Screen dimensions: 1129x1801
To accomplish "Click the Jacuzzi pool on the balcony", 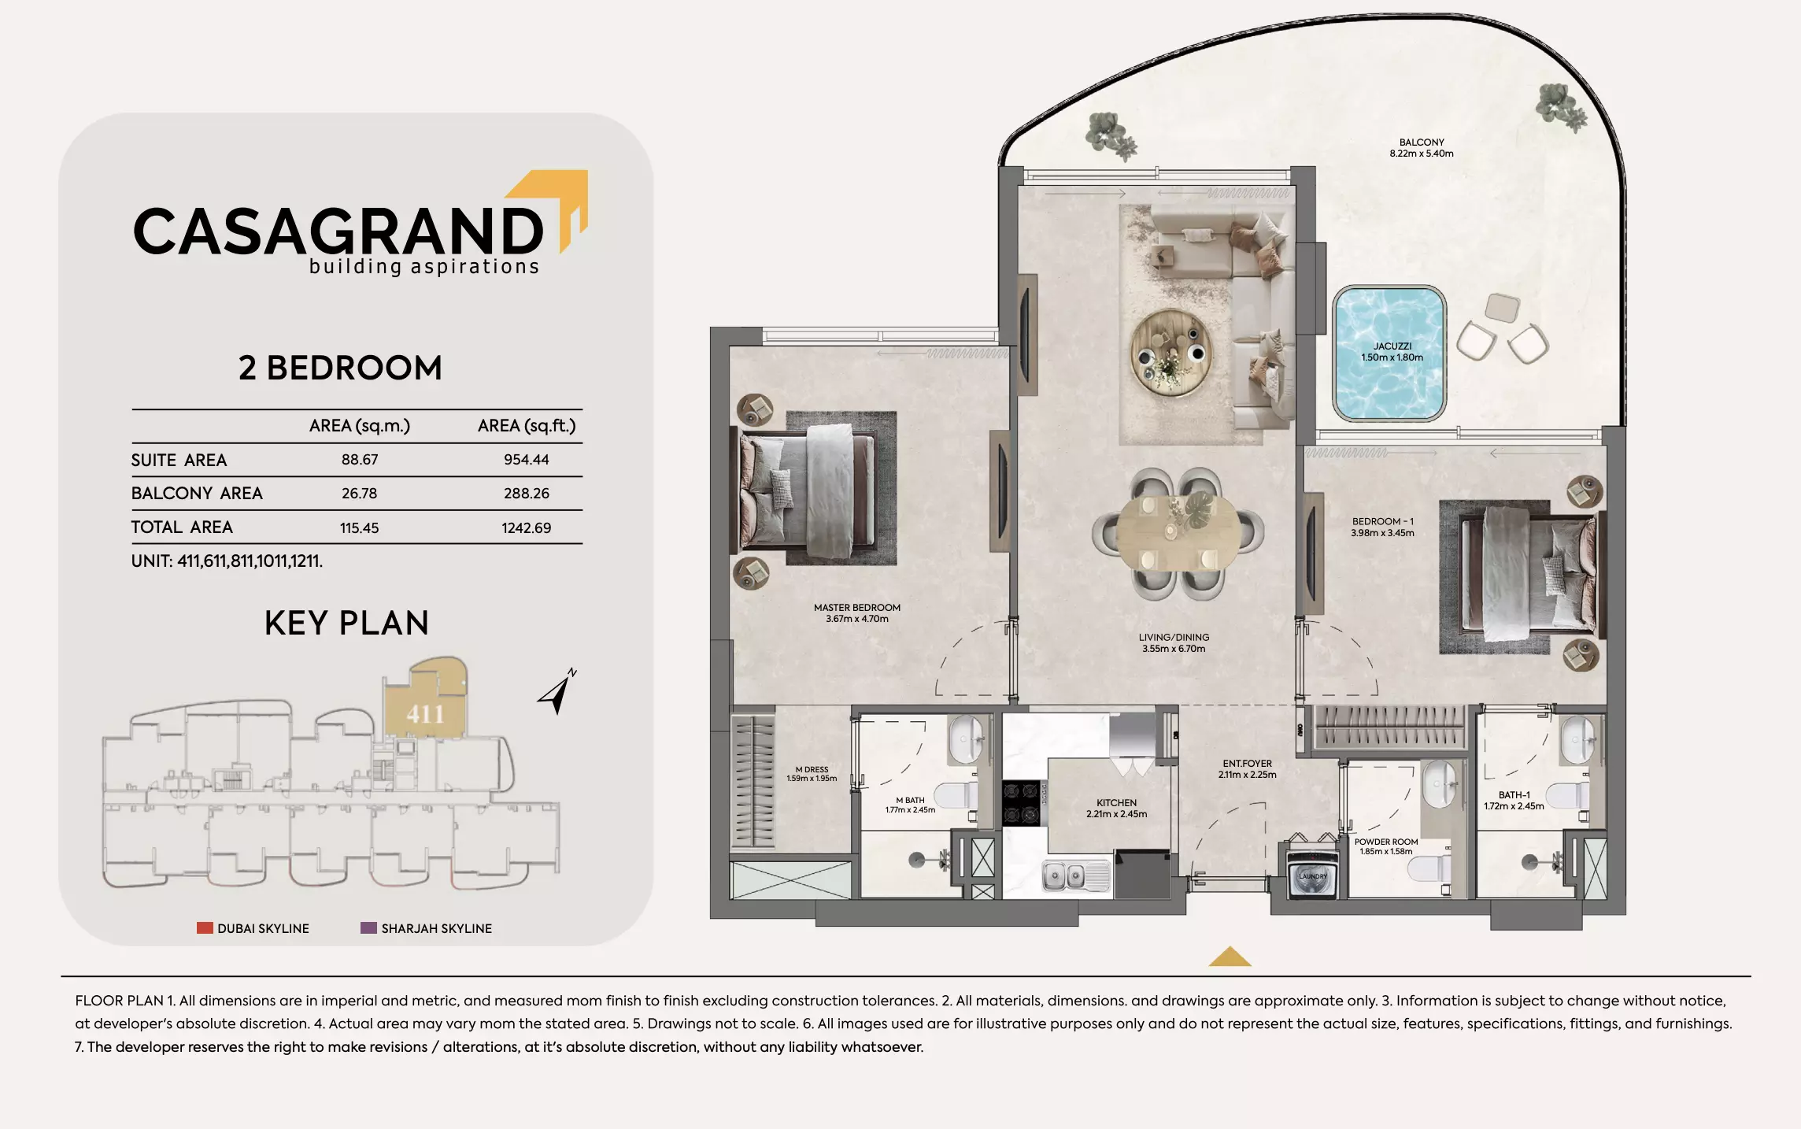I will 1389,354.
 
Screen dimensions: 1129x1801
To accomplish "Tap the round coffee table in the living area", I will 1170,353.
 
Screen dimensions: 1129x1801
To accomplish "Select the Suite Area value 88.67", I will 359,460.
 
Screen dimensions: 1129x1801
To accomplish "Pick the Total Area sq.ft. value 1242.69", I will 526,527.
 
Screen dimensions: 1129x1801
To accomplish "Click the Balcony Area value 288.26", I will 526,494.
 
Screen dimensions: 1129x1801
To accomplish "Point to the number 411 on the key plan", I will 425,714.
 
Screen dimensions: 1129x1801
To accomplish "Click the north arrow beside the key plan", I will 557,692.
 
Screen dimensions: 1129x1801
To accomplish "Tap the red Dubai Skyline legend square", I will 205,928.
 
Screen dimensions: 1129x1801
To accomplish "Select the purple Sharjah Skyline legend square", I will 368,928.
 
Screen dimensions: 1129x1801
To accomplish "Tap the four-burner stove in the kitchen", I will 1021,802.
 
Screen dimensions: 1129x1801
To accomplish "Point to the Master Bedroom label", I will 856,608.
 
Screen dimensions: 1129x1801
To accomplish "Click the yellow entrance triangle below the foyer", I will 1229,957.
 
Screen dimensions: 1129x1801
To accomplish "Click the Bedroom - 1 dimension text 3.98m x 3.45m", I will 1382,533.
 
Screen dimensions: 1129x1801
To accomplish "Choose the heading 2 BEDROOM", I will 340,368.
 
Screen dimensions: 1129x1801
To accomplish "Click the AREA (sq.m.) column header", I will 359,426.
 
